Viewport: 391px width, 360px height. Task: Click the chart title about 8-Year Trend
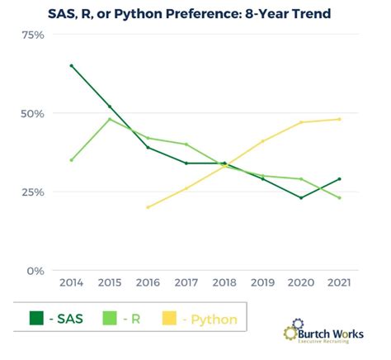coord(195,12)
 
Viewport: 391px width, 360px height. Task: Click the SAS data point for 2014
coord(72,65)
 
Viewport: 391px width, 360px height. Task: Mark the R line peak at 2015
coord(110,119)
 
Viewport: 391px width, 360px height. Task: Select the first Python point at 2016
coord(148,207)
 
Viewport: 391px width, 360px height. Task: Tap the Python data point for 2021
coord(339,119)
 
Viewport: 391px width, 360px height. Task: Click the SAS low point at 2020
coord(301,197)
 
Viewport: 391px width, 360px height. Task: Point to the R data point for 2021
coord(339,198)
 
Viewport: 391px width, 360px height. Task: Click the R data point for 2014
coord(72,160)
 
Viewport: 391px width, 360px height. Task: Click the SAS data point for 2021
coord(339,179)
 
